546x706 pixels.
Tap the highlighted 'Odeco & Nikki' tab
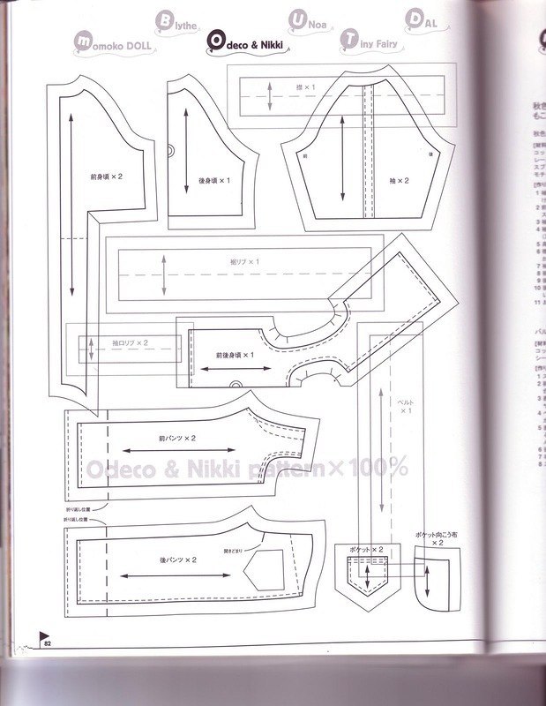[x=251, y=41]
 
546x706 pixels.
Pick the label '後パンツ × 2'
[x=177, y=560]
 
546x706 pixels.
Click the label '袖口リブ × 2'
[x=130, y=342]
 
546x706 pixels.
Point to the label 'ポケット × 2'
[x=367, y=549]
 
